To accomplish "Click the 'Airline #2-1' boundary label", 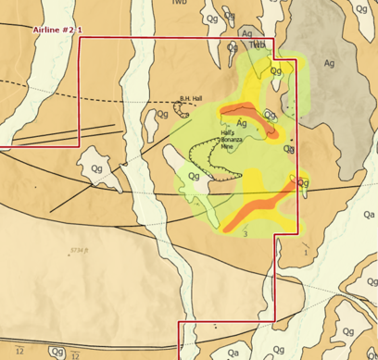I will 57,31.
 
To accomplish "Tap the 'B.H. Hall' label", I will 193,99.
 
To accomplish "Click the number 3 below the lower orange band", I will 245,234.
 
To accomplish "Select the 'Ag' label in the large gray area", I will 330,64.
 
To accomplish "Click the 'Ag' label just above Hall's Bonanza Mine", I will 241,122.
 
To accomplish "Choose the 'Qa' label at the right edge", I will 369,214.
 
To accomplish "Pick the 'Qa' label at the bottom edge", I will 233,352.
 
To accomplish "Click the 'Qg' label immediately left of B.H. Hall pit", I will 162,114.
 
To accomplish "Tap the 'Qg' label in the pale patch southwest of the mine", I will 194,176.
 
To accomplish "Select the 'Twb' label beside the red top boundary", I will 258,43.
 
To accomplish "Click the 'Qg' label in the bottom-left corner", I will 57,352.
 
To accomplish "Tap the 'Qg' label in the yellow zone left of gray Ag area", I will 275,70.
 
